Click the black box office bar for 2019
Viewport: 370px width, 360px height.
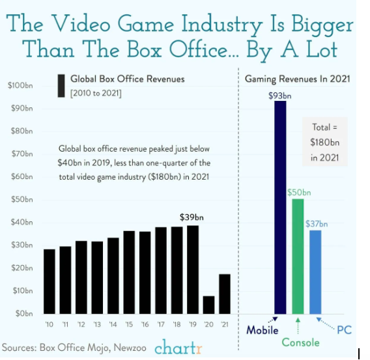pos(193,270)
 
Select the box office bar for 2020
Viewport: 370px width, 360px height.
pos(209,305)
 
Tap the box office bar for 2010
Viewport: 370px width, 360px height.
pos(50,281)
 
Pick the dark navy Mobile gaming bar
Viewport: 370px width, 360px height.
pos(280,208)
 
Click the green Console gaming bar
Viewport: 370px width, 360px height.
pos(298,256)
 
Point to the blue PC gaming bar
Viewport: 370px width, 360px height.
pos(315,272)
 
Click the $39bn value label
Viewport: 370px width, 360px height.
pos(192,217)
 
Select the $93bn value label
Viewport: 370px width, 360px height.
pos(280,96)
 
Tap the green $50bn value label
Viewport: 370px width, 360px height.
pos(299,193)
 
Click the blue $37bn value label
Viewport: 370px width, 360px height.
pos(317,223)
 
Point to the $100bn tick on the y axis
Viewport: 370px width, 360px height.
pos(20,85)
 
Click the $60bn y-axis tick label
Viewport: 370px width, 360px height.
pos(22,176)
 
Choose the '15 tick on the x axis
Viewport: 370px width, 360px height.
pos(129,324)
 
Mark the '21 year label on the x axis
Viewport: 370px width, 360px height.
pos(225,324)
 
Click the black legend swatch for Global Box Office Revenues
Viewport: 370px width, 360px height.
pos(61,86)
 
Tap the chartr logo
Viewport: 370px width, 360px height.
pos(178,347)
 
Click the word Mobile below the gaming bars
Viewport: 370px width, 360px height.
pos(263,330)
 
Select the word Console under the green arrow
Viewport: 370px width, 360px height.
pos(301,342)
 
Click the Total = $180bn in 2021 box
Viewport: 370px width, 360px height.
pos(325,142)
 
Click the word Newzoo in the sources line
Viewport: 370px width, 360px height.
pos(130,348)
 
